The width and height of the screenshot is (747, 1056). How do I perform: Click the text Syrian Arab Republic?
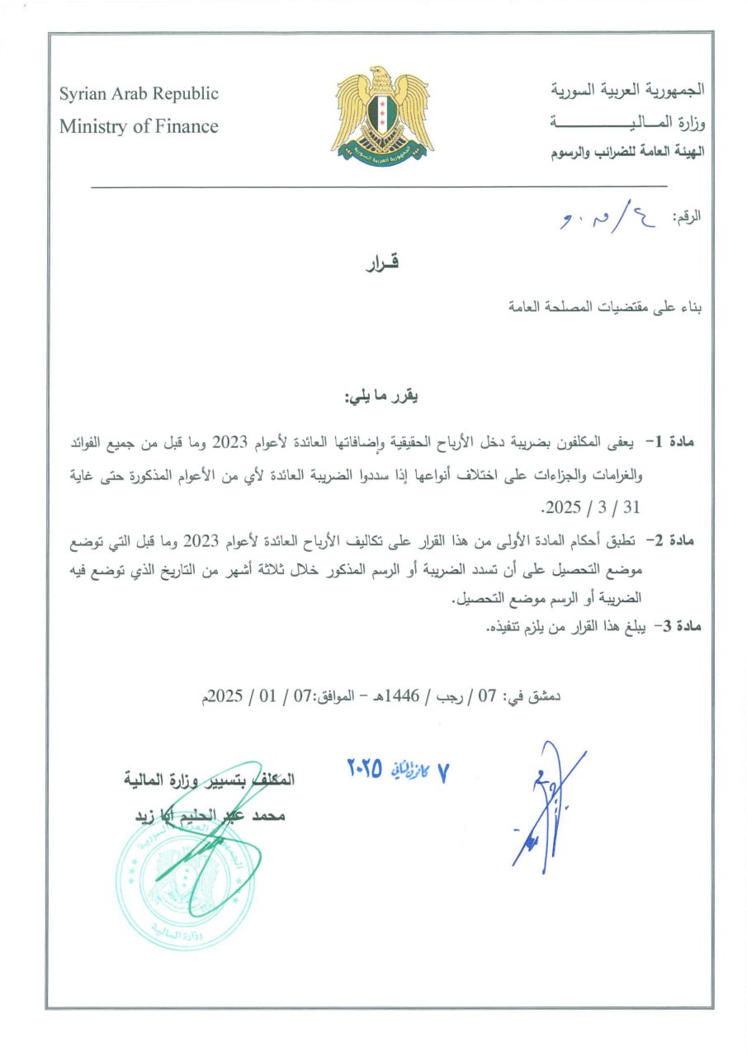139,93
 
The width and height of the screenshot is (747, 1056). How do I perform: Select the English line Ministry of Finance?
139,126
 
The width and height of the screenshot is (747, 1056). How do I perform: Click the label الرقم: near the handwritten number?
687,218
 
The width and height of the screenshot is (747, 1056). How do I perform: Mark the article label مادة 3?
675,627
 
